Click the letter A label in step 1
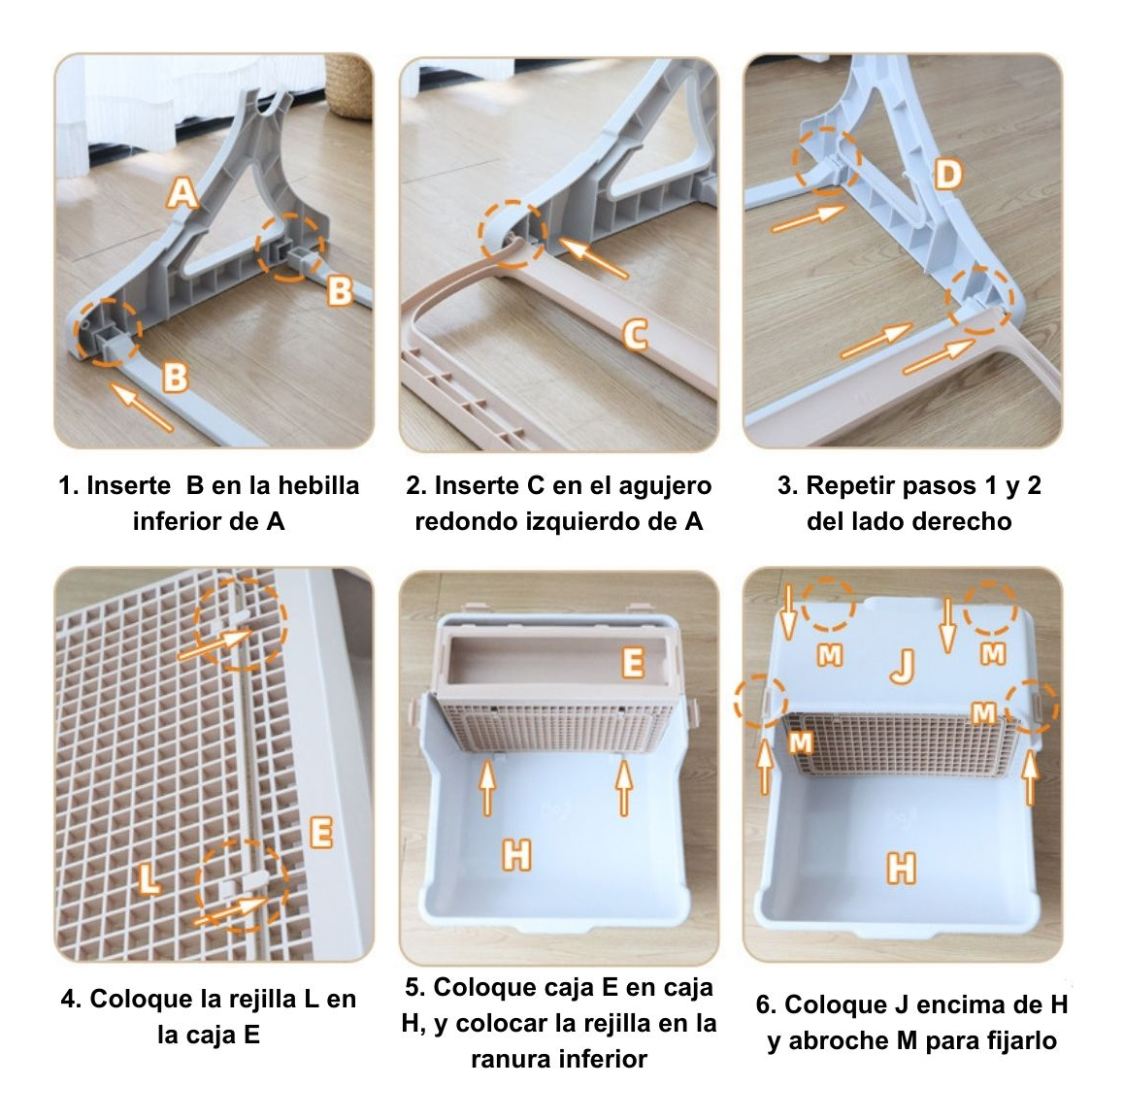(182, 192)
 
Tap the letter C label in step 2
(635, 335)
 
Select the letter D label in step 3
(947, 174)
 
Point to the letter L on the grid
(149, 879)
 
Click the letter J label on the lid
(904, 667)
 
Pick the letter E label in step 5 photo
(633, 662)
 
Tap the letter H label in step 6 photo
(901, 869)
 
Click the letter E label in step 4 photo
(320, 833)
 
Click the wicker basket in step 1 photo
(349, 84)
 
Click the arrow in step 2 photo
(593, 258)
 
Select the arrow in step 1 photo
(141, 407)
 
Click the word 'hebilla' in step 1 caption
(318, 486)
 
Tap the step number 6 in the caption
(763, 1005)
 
